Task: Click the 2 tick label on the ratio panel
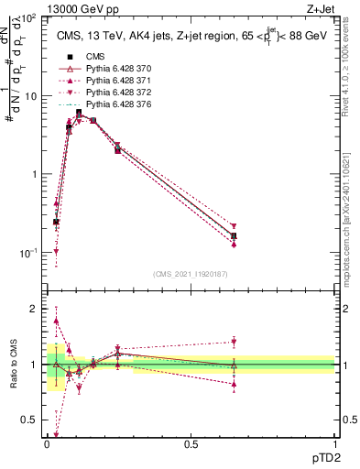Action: pos(36,309)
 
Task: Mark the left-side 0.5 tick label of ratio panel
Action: pos(31,420)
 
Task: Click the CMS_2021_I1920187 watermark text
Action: pos(191,273)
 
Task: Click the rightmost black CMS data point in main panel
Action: pos(234,236)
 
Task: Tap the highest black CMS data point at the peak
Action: pos(79,113)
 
